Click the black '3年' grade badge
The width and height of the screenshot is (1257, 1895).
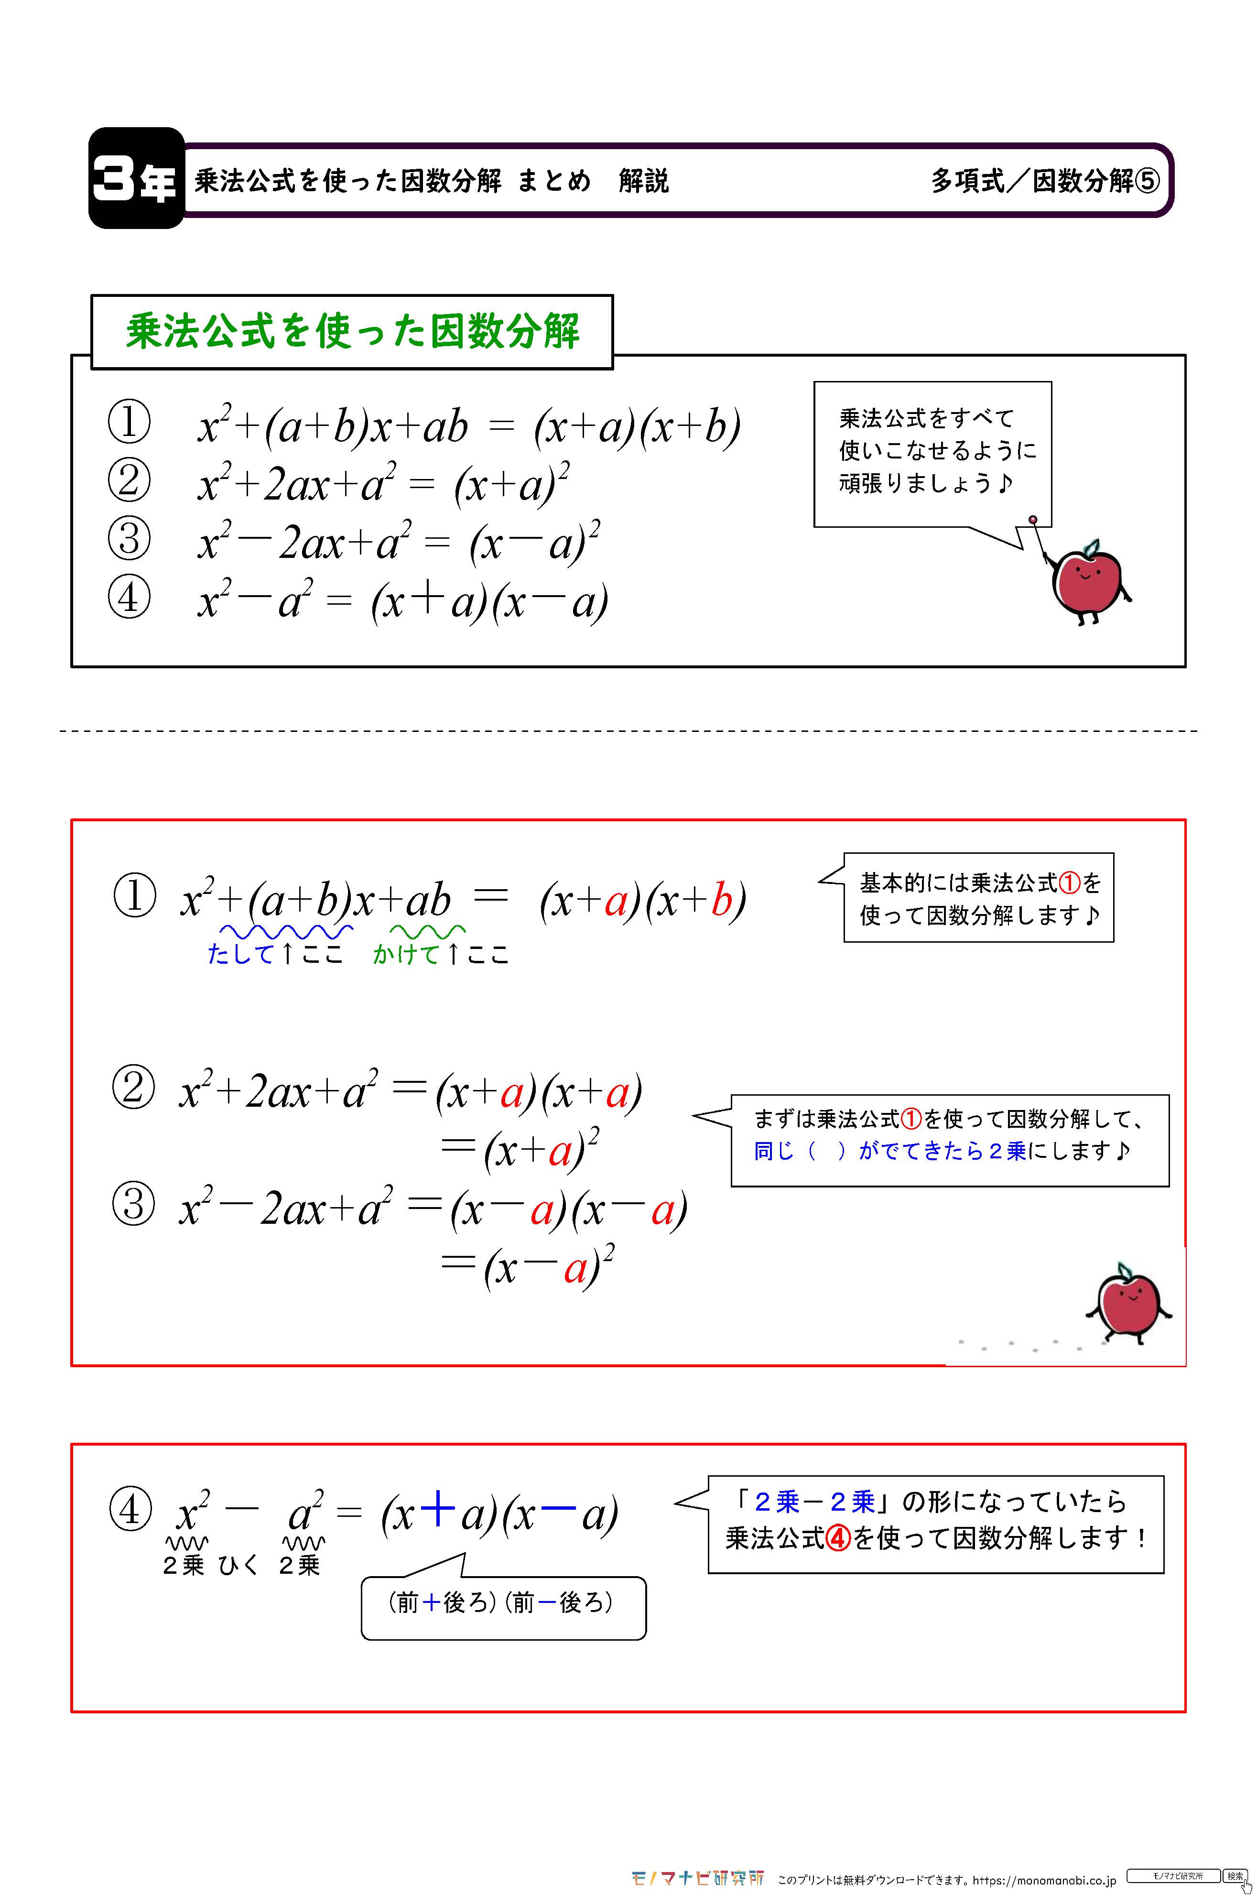135,178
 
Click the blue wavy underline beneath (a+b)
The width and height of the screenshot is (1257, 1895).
286,931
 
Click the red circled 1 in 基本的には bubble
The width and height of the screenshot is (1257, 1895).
1070,883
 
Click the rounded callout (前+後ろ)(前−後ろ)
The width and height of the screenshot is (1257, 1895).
503,1604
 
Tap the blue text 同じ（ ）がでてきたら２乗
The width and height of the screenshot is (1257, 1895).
890,1151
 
